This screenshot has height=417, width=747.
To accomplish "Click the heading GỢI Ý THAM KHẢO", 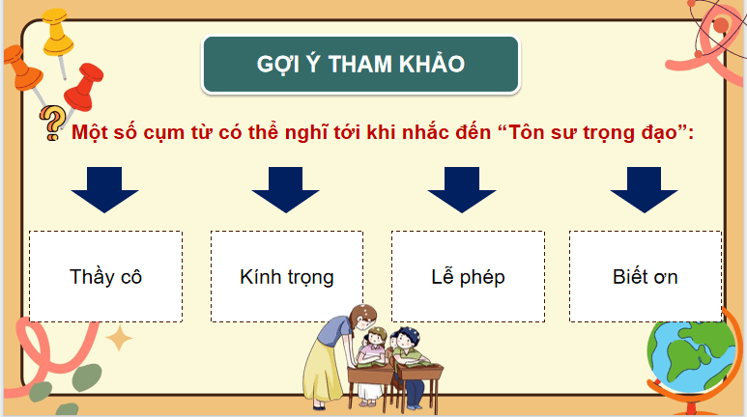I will tap(361, 65).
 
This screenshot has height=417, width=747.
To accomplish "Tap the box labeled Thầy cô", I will tap(106, 276).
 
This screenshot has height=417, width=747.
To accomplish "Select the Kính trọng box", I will tap(287, 276).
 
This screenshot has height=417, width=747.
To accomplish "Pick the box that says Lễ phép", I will tap(468, 276).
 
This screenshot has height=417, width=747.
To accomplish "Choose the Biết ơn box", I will tap(645, 276).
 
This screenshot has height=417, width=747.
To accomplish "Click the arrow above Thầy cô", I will tap(105, 189).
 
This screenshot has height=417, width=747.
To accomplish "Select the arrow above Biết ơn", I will tap(643, 189).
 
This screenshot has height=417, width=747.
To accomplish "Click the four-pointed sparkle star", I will tap(120, 337).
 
